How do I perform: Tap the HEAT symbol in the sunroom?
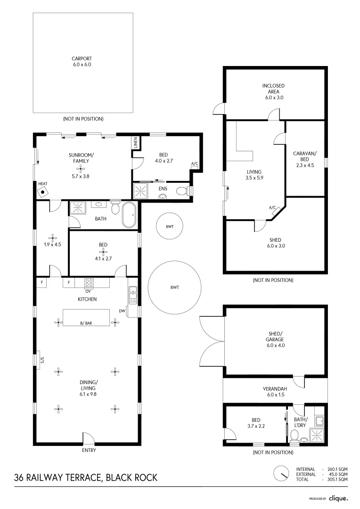[x=43, y=191]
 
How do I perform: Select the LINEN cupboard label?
[x=135, y=142]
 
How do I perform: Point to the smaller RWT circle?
[x=170, y=227]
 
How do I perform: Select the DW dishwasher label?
[x=122, y=311]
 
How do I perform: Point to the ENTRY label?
[x=89, y=451]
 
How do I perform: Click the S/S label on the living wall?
[x=42, y=360]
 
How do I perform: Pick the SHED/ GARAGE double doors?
[x=211, y=342]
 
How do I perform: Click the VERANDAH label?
[x=275, y=389]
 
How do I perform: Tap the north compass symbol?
[x=282, y=473]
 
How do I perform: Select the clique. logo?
[x=338, y=498]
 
